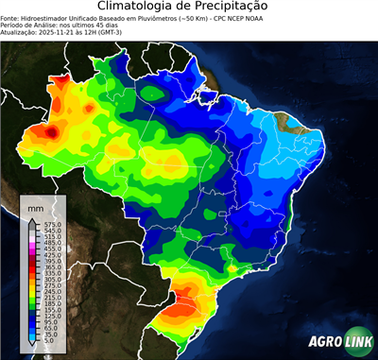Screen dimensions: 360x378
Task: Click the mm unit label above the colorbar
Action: tap(36, 206)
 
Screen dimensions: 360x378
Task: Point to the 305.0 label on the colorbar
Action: tap(53, 280)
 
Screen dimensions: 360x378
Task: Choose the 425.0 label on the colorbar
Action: tap(53, 254)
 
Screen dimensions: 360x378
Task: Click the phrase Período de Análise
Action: tap(28, 25)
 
